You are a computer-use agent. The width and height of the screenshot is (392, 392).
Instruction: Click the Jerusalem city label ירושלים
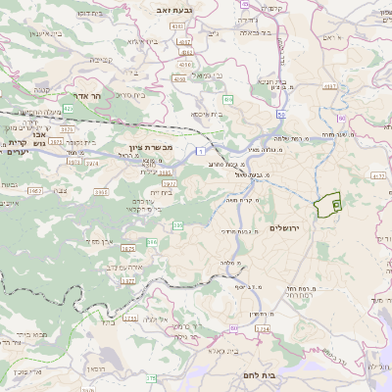pyautogui.click(x=287, y=227)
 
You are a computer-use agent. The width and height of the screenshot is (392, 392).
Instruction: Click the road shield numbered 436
pyautogui.click(x=226, y=99)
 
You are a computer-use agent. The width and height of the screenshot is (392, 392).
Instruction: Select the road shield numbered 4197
pyautogui.click(x=330, y=87)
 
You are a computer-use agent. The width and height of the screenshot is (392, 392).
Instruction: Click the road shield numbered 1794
pyautogui.click(x=263, y=329)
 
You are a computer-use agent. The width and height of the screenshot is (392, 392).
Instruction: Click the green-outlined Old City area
pyautogui.click(x=325, y=206)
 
